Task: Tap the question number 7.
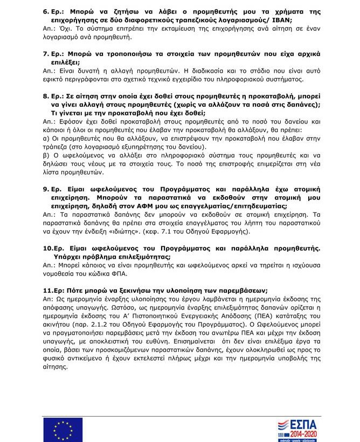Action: pyautogui.click(x=46, y=55)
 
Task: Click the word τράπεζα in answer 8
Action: pyautogui.click(x=54, y=147)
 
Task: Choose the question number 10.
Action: pyautogui.click(x=47, y=248)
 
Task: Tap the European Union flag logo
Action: pyautogui.click(x=63, y=430)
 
